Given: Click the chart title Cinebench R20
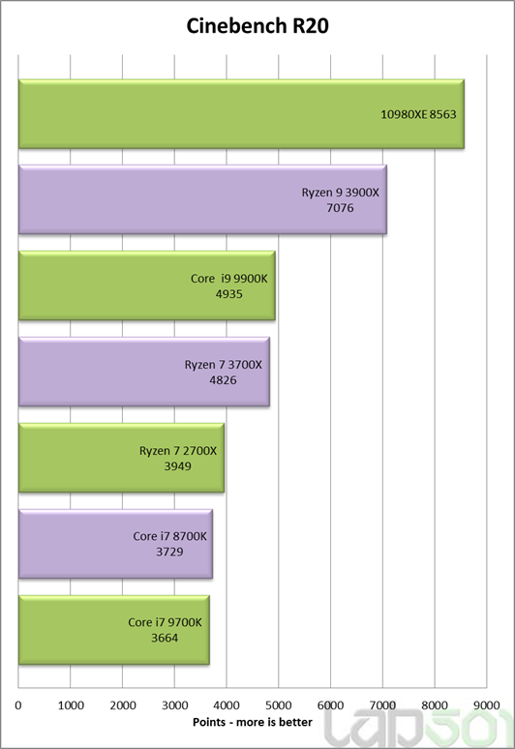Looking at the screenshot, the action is pos(257,26).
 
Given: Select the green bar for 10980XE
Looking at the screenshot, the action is pos(241,114).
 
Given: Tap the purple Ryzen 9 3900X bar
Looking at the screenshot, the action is pos(202,199).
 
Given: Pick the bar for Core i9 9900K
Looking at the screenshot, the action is pos(147,285).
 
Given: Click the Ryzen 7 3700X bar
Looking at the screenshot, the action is pos(144,372).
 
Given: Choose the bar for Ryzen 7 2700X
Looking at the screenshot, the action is pos(121,458).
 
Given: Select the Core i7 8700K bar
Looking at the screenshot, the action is pos(115,544).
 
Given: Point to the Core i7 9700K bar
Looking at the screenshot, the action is pos(113,630).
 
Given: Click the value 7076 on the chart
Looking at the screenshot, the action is pos(340,208).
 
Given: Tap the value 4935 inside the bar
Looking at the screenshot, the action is pos(228,294).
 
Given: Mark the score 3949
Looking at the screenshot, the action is pos(178,465).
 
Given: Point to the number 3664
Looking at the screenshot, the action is pos(165,638).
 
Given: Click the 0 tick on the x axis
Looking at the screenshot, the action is pos(18,705).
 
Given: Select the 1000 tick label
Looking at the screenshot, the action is pos(71,705).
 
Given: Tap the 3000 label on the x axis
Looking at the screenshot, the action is pos(175,705).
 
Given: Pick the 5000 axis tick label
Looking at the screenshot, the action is pos(279,705).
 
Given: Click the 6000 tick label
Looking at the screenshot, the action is pos(331,705).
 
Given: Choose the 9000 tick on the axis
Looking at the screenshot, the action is pos(486,705).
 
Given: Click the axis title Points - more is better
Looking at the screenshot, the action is pos(253,722).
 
